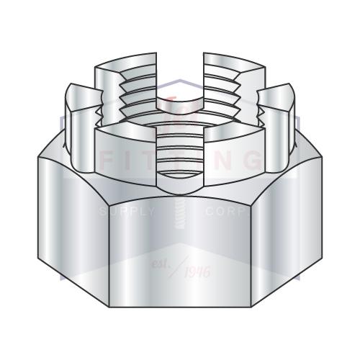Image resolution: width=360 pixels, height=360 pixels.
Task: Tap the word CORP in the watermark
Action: pos(227,212)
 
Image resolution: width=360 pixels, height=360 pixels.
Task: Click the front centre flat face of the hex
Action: pos(179,252)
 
